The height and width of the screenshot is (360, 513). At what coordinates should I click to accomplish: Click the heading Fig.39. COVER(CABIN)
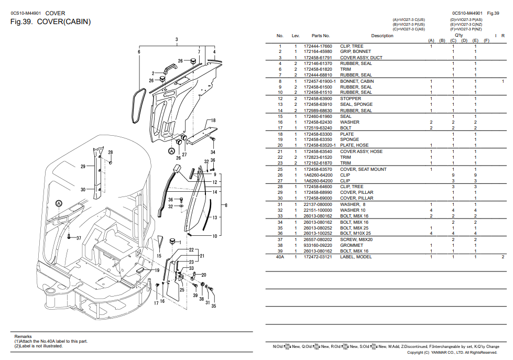tap(51, 22)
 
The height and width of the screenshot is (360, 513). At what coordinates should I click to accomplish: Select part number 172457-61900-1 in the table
tap(320, 81)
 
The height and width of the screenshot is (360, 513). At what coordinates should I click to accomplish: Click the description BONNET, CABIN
tap(357, 81)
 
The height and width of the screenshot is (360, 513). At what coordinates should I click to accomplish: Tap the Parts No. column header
tap(320, 36)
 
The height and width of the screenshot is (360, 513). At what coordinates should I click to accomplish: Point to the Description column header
tap(382, 36)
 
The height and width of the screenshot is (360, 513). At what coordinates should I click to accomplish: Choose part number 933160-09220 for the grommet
tap(318, 245)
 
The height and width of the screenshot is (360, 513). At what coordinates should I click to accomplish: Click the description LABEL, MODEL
tap(356, 257)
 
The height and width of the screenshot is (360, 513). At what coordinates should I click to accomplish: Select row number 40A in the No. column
tap(280, 257)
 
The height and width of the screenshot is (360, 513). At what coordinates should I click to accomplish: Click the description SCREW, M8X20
tap(356, 239)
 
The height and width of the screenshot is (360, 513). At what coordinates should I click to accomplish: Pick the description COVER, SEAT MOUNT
tap(363, 169)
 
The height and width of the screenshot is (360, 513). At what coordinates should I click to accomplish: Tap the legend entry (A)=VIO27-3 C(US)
tap(409, 19)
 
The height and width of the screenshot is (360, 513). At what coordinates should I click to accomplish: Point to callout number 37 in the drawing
tap(78, 238)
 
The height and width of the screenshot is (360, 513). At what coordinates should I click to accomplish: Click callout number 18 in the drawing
tap(213, 121)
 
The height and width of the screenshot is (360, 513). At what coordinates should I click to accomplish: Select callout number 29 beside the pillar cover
tap(83, 167)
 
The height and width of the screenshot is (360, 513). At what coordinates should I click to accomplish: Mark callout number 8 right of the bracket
tap(226, 205)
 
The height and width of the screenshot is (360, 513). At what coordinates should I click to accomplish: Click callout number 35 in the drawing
tap(213, 306)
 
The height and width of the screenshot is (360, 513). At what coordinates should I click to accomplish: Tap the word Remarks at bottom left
tap(23, 336)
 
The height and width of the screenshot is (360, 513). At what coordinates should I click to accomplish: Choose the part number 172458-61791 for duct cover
tap(318, 58)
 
